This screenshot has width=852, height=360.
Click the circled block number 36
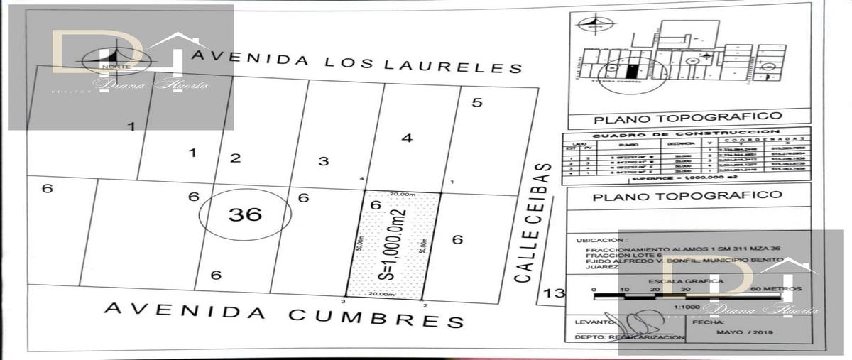pyautogui.click(x=245, y=214)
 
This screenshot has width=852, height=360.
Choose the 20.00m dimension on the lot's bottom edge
pyautogui.click(x=382, y=293)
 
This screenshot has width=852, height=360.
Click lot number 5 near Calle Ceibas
pyautogui.click(x=477, y=102)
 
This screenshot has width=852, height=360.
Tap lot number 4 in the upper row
pyautogui.click(x=407, y=138)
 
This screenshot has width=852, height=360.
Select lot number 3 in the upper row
pyautogui.click(x=323, y=161)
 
